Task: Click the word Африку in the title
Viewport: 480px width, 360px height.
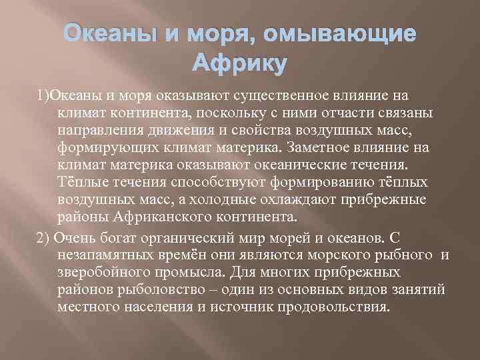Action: (x=239, y=64)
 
